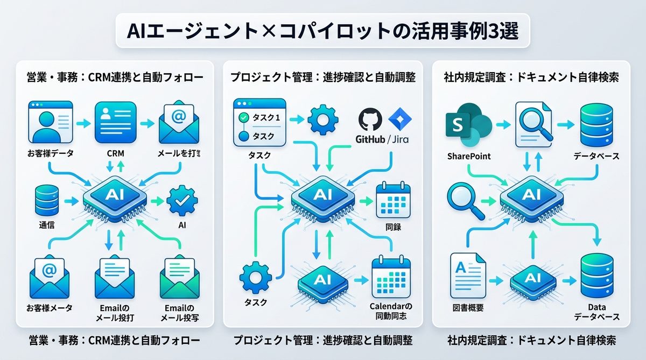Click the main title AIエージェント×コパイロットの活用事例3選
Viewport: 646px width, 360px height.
323,31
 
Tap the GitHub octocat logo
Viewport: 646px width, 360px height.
370,119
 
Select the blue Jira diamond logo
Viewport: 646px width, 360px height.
398,119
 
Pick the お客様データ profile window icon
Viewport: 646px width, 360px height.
50,124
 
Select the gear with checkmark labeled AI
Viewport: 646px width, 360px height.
181,201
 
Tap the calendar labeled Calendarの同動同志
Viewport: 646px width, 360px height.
391,278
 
